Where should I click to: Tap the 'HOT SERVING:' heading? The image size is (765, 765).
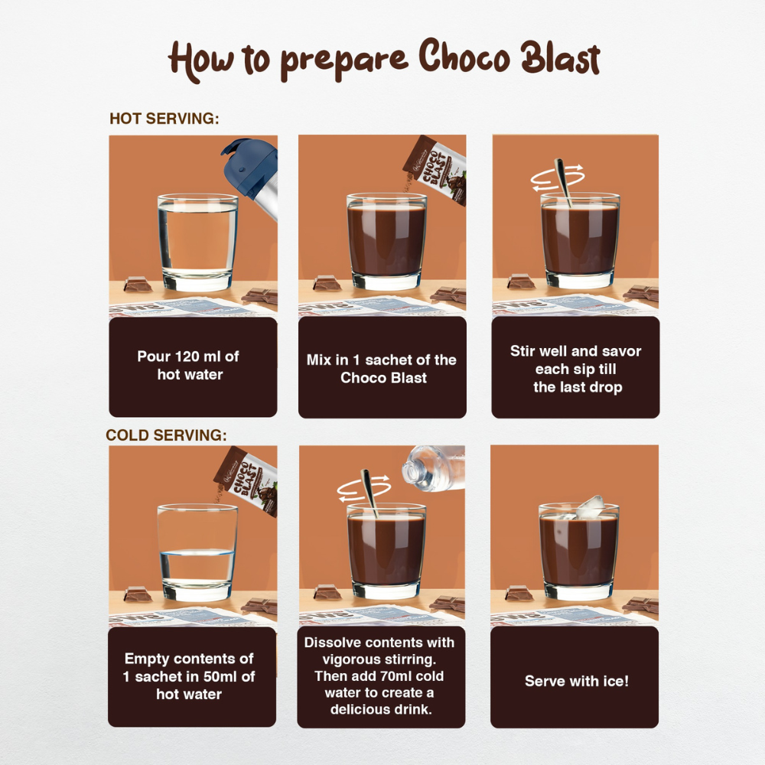[164, 119]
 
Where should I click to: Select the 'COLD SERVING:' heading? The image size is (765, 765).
[166, 435]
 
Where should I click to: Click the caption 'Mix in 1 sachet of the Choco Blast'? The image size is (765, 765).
[382, 369]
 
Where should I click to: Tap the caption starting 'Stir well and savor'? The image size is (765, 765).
[576, 369]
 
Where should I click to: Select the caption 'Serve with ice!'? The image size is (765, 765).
[576, 681]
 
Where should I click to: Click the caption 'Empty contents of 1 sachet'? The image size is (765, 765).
[189, 676]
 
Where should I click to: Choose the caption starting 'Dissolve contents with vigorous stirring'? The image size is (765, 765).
[380, 676]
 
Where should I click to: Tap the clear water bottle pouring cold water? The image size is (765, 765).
[432, 466]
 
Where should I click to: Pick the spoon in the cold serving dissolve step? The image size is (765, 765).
[370, 493]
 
